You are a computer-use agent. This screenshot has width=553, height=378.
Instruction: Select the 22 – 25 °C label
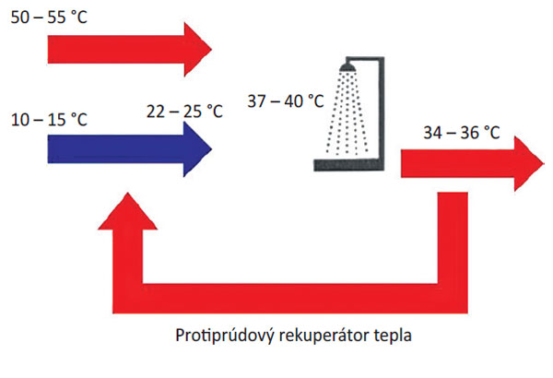(185, 111)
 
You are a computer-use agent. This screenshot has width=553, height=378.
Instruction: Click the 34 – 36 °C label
(461, 134)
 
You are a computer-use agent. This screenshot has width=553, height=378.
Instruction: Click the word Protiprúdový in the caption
(218, 334)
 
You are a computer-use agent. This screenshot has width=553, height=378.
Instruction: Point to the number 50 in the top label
(19, 17)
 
